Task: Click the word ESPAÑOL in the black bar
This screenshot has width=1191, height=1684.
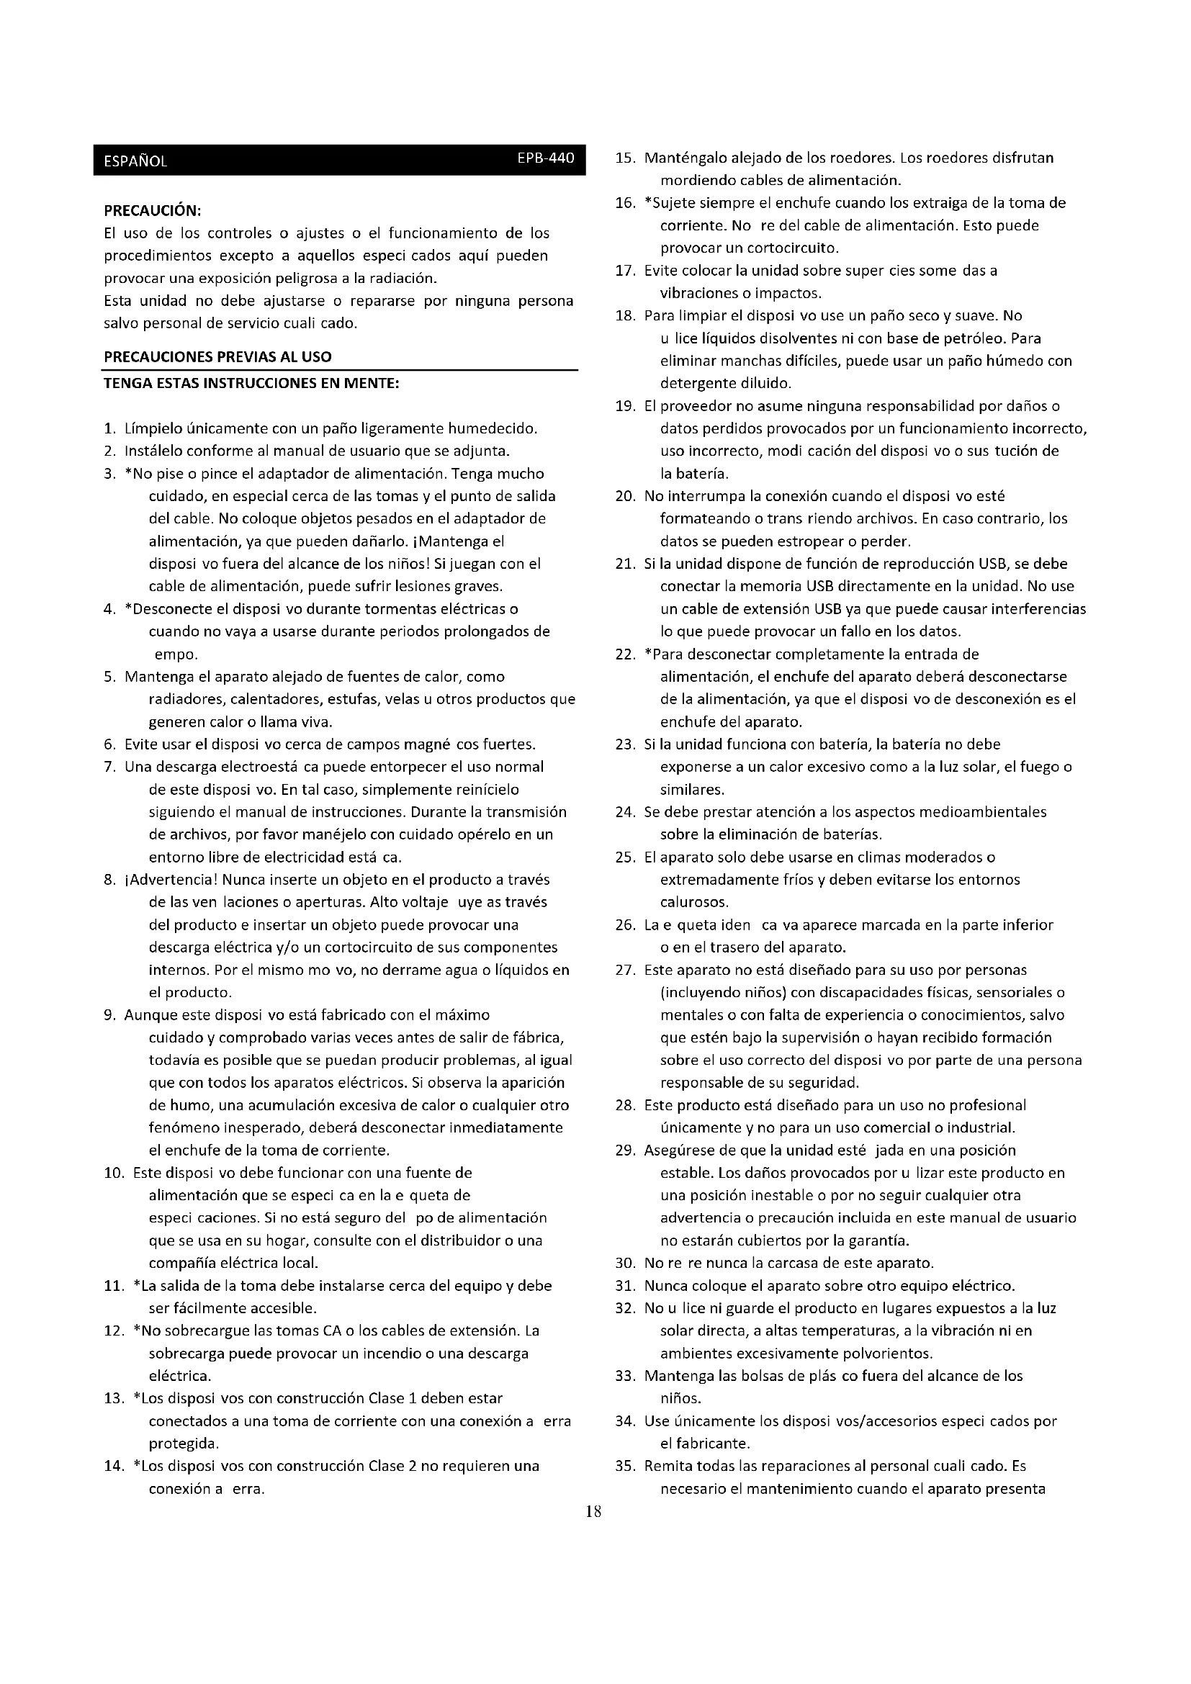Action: point(135,162)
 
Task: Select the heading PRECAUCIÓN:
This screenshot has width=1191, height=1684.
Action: point(153,210)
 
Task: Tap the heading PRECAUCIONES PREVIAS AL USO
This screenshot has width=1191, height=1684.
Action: point(217,357)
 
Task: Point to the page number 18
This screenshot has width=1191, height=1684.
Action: point(594,1511)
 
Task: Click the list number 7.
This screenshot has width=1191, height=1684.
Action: point(110,767)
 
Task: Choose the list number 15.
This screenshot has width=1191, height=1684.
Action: point(624,158)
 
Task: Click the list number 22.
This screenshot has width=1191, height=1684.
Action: point(624,654)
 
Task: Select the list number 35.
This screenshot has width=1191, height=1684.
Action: point(624,1466)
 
